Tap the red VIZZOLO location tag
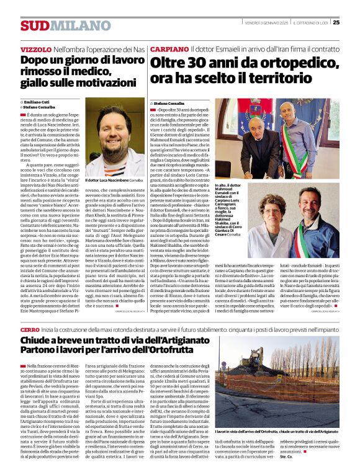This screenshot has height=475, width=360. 35,49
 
